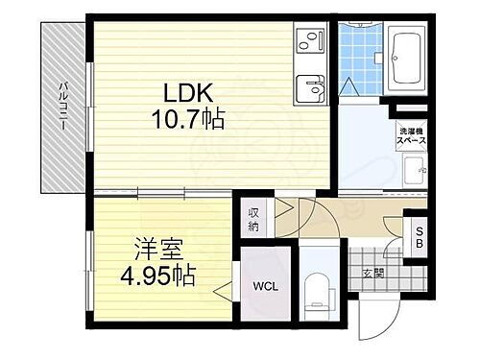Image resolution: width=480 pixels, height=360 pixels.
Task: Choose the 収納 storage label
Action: (x=254, y=221)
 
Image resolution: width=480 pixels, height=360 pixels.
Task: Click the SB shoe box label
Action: (x=419, y=235)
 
